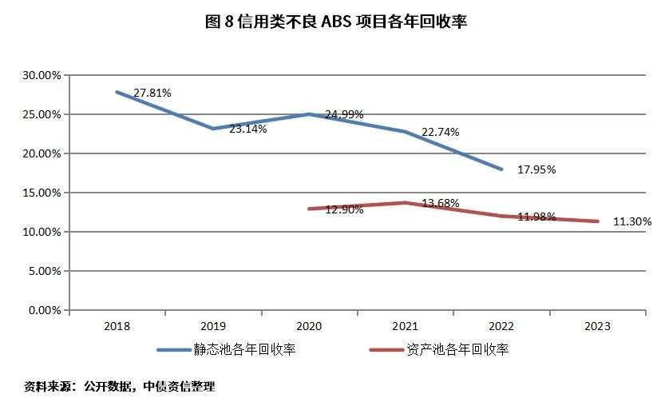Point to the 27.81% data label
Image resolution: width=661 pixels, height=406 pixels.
click(152, 93)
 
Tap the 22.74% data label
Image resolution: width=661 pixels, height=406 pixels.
click(441, 132)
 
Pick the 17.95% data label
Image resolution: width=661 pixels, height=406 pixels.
click(536, 169)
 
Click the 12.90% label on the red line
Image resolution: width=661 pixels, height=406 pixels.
click(345, 209)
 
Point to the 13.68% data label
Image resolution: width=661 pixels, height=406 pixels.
click(441, 203)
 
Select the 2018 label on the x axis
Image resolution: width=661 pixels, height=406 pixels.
click(117, 326)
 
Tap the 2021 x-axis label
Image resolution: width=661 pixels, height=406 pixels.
click(406, 326)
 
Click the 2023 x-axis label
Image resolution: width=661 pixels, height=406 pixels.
click(597, 326)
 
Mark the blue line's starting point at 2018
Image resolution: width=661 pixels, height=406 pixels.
click(117, 92)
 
